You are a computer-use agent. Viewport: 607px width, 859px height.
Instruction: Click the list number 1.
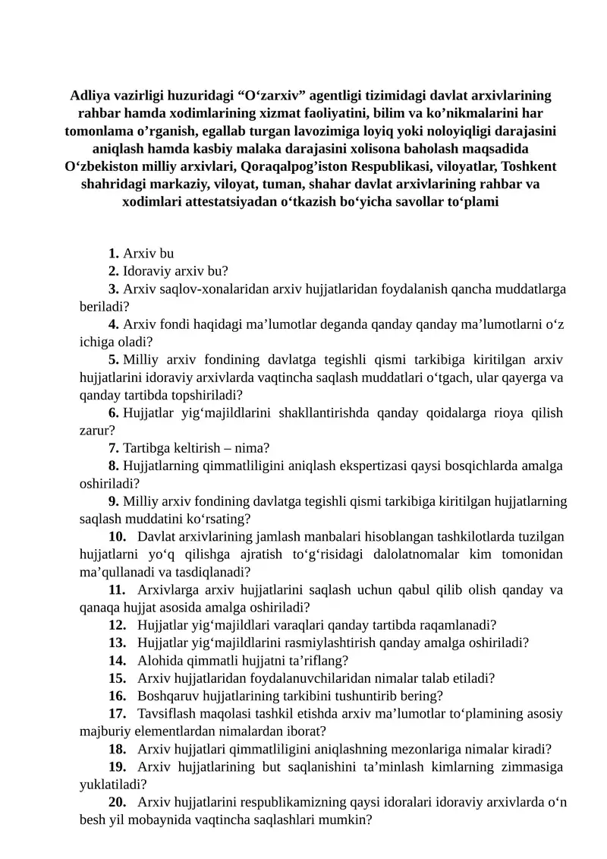[113, 254]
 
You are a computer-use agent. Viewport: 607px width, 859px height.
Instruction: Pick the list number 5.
[113, 359]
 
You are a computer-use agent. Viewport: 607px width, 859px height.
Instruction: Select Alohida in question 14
[158, 660]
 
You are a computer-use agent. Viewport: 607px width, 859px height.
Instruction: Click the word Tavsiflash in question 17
[166, 713]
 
